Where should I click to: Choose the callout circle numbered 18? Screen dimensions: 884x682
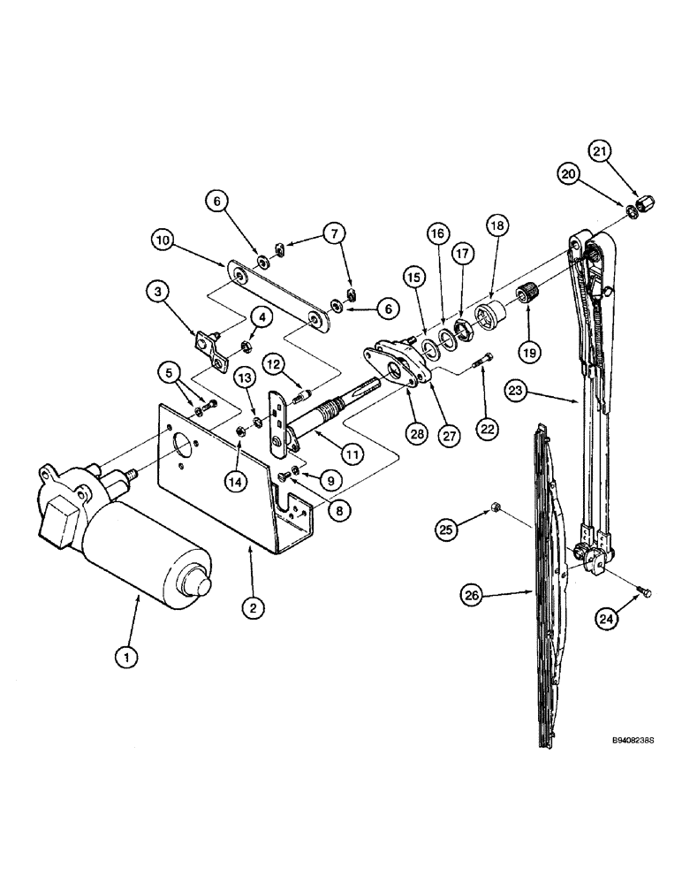(x=496, y=226)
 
